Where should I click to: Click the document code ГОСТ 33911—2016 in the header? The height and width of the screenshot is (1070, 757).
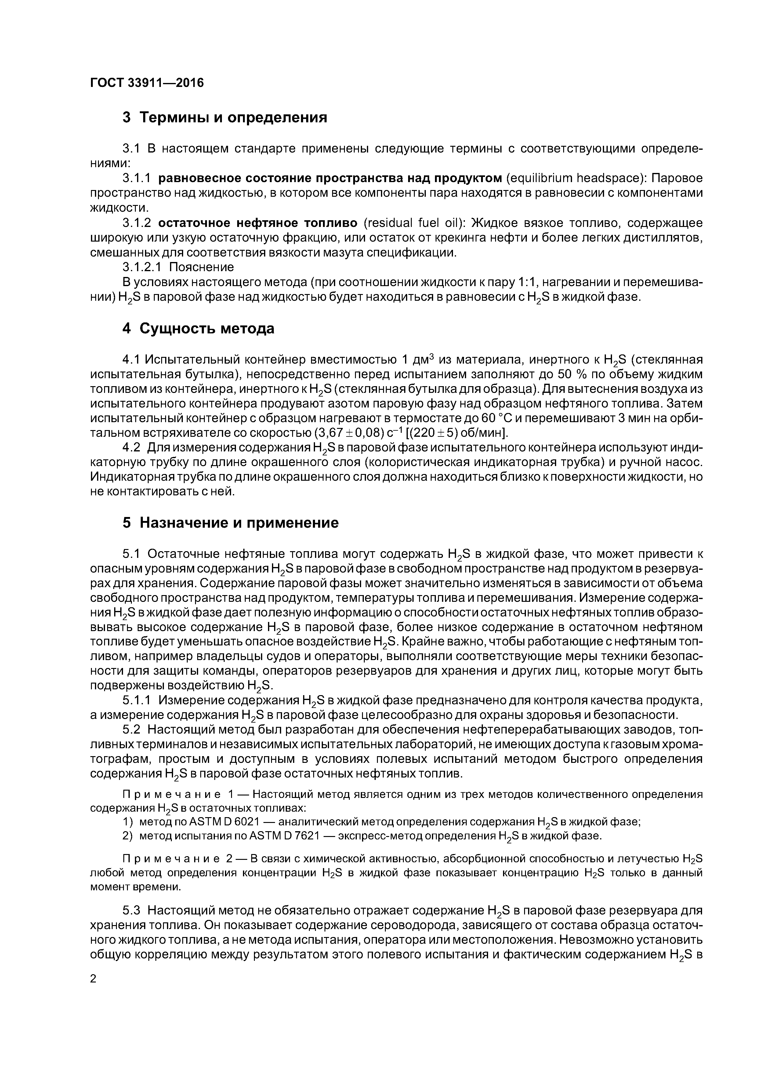click(147, 83)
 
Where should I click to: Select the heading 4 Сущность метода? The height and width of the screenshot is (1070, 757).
click(198, 329)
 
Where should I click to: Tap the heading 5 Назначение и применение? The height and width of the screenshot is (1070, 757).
click(230, 523)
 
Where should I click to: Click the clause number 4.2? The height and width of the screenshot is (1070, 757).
click(132, 448)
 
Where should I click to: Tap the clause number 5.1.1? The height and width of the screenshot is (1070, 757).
click(137, 700)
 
